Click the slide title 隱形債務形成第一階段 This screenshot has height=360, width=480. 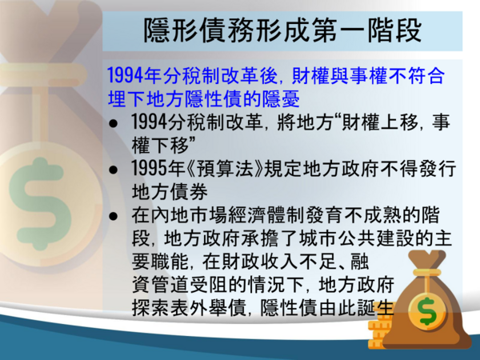[x=282, y=30]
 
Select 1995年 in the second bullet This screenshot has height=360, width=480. [x=158, y=168]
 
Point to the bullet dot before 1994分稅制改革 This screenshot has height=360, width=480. [x=114, y=123]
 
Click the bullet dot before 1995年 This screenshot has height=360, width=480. [x=114, y=170]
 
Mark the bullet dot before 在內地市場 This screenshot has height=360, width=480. [x=114, y=216]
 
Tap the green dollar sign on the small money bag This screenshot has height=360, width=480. [x=428, y=311]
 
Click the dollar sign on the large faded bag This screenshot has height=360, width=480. [x=40, y=203]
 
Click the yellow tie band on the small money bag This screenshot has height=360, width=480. [x=426, y=273]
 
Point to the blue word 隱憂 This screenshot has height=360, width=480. [x=282, y=98]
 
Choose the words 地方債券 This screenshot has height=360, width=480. [x=170, y=192]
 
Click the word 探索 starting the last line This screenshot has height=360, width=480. [x=150, y=308]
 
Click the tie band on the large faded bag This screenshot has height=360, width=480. [x=43, y=74]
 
